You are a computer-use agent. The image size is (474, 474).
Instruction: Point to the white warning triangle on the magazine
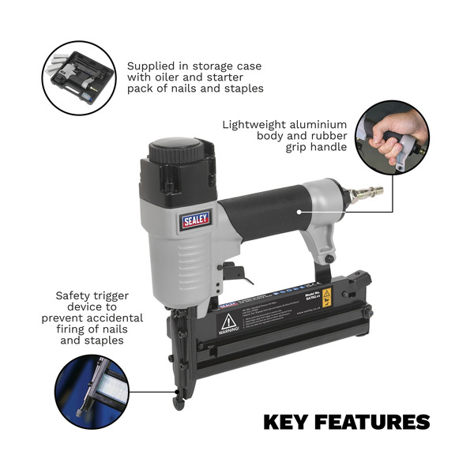[229, 321]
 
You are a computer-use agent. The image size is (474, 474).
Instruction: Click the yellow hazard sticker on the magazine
[327, 296]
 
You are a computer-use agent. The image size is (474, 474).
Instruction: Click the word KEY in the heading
[286, 423]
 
